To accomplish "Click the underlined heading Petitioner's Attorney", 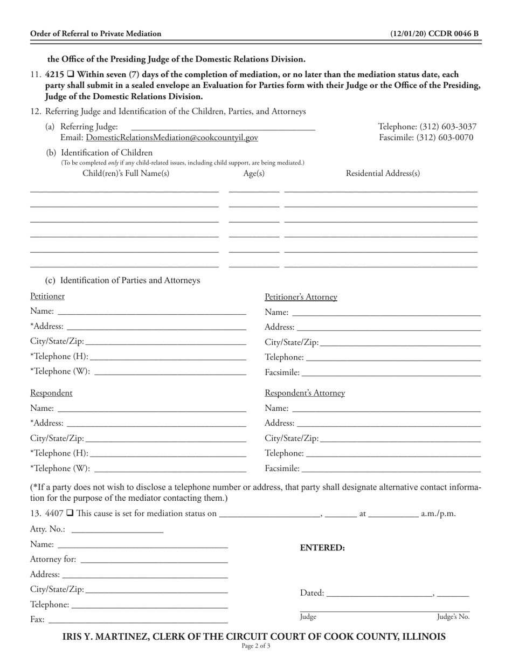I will coord(301,297).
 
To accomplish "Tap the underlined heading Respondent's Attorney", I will coord(305,393).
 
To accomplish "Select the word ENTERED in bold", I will coord(322,548).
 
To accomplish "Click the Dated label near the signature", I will coord(312,593).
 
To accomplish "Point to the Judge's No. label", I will coord(453,617).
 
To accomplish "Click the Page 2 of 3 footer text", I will coord(255,646).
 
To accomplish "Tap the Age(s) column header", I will coord(254,173).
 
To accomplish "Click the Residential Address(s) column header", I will coord(383,173).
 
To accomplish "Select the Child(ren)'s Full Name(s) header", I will coord(126,173).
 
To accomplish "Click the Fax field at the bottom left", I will coord(137,620).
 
